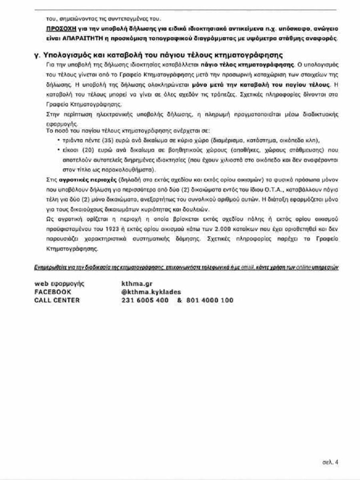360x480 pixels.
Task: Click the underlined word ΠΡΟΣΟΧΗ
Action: (60, 29)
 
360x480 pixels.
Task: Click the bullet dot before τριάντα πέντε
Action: (58, 140)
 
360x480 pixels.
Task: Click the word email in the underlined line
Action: (247, 267)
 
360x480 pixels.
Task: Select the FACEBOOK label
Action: (53, 292)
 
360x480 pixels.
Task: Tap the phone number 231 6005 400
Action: (144, 300)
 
